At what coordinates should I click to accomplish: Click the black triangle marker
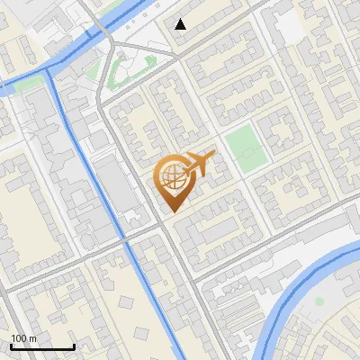(181, 24)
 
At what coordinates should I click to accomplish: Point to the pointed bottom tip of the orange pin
(172, 211)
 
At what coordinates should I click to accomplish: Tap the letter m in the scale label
(33, 338)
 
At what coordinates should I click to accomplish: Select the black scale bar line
(42, 346)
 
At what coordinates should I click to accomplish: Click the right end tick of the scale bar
(74, 345)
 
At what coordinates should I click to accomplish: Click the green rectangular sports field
(245, 148)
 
